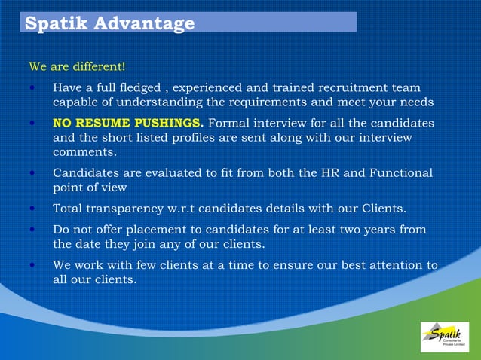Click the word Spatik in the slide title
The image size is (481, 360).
[57, 23]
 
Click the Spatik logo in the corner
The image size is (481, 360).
[445, 337]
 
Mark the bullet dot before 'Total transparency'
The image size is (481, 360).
[32, 208]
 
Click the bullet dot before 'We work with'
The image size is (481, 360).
[32, 265]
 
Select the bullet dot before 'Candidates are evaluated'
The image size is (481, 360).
[32, 173]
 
